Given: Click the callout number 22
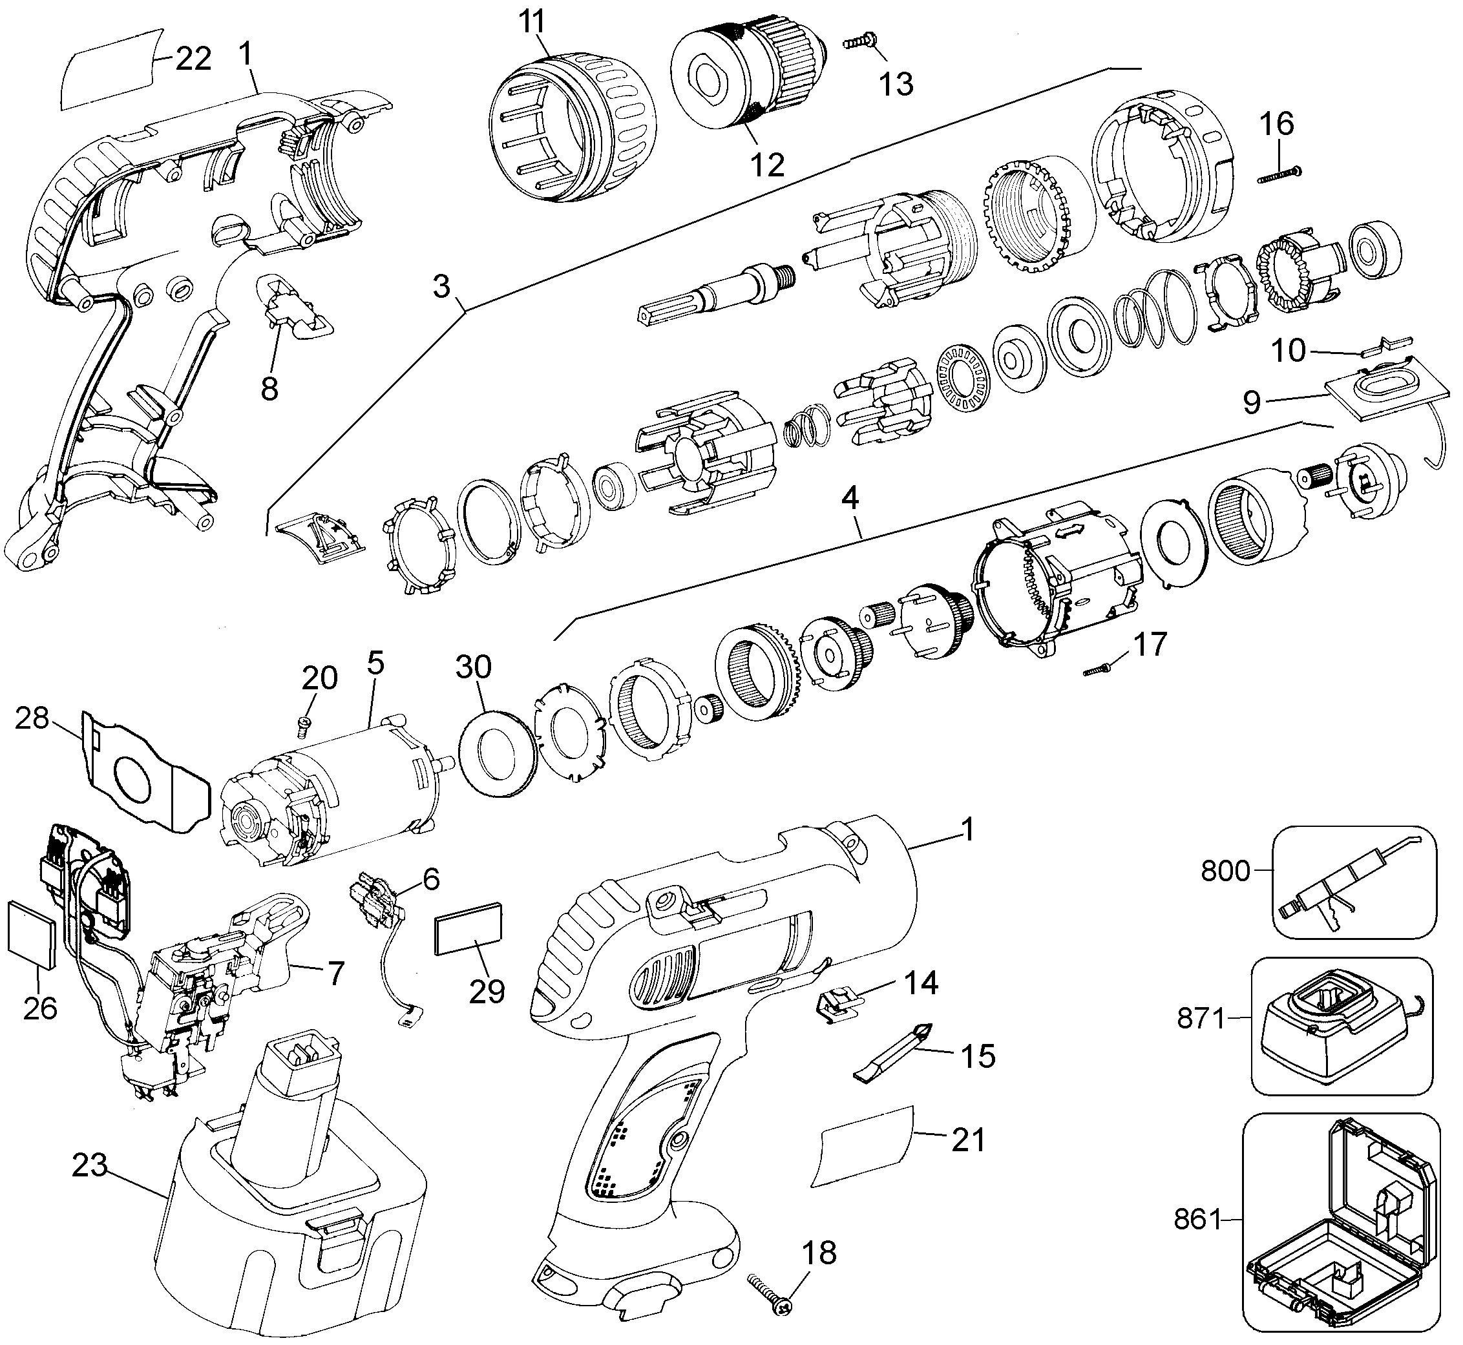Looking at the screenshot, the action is click(193, 58).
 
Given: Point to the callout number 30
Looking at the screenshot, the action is click(474, 667).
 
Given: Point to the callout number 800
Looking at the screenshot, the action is click(1225, 870).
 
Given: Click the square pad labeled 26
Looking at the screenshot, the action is click(31, 935).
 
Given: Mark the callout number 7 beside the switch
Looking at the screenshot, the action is click(334, 973).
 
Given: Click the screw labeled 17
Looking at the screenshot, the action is click(1100, 669).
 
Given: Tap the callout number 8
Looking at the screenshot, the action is click(269, 390).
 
